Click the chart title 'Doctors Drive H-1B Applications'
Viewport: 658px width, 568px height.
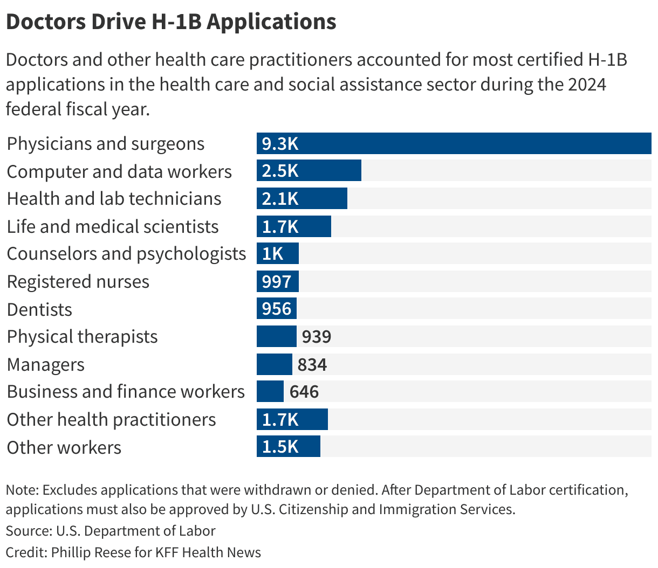coord(171,22)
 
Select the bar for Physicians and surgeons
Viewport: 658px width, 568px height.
coord(453,143)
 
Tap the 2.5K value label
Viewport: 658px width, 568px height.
coord(280,171)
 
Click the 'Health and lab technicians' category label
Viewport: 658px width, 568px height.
coord(114,199)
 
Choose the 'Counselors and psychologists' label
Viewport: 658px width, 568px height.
coord(126,254)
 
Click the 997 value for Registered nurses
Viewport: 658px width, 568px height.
coord(276,281)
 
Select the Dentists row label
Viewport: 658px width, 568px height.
coord(39,309)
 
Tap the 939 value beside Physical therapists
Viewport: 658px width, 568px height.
coord(316,337)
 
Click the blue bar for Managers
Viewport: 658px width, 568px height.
coord(274,364)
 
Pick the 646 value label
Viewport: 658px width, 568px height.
coord(304,392)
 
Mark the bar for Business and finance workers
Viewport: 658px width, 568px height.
coord(270,392)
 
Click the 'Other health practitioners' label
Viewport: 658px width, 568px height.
coord(111,420)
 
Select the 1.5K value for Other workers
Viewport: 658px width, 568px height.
coord(280,447)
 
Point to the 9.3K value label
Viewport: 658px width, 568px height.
coord(280,143)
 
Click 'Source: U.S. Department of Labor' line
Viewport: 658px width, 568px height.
coord(111,531)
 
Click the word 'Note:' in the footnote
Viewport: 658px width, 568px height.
coord(22,490)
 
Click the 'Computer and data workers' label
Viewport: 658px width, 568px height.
coord(119,171)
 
